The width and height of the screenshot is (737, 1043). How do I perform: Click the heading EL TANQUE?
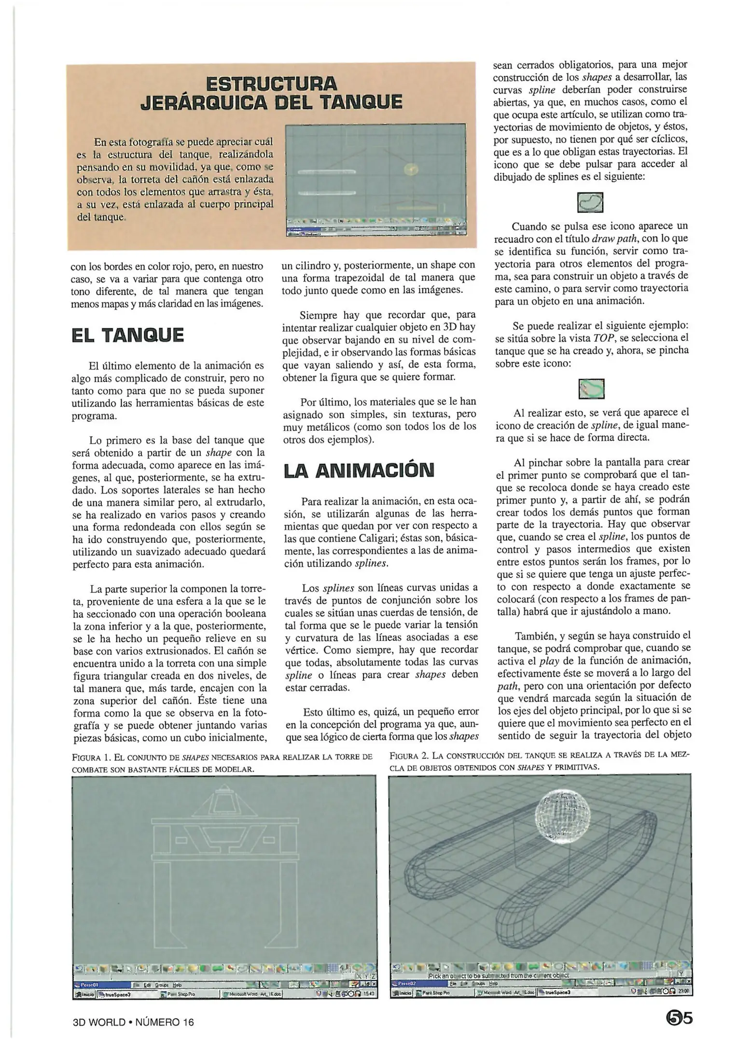[127, 335]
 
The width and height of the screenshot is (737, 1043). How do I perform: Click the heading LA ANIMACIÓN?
[359, 471]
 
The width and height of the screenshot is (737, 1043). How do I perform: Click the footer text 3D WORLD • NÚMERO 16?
[133, 1022]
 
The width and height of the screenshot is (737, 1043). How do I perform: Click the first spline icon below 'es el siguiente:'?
[590, 202]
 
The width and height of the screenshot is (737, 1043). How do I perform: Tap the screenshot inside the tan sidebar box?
[376, 180]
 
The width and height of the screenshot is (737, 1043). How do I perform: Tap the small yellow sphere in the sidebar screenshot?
[411, 169]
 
